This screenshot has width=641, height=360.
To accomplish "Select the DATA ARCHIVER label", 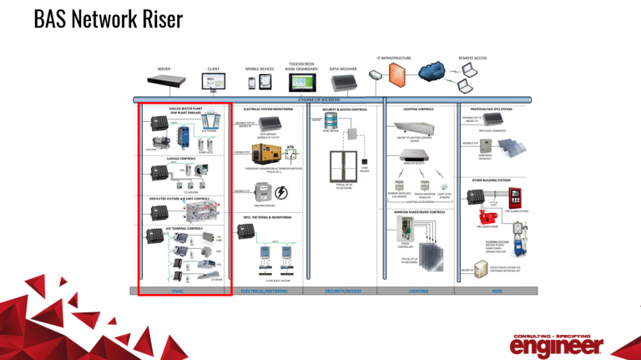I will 344,69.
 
